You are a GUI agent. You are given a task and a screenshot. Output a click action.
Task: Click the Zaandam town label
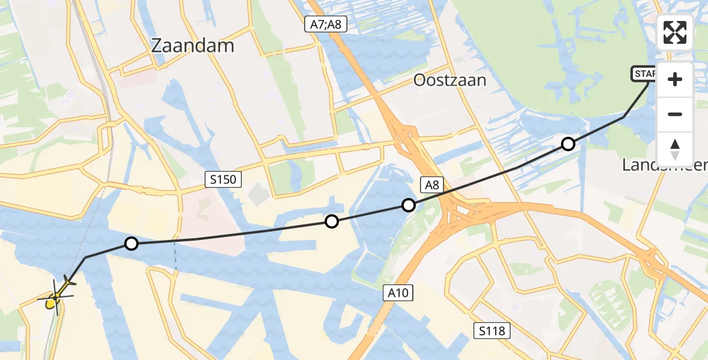193,46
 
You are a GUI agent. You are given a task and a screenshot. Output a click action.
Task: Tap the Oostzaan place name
449,80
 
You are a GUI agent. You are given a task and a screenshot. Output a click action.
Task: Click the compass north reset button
675,149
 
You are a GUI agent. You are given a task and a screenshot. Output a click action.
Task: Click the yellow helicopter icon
56,295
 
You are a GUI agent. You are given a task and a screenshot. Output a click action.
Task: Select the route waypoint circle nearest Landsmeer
568,144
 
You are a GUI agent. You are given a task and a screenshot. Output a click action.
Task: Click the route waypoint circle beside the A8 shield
409,205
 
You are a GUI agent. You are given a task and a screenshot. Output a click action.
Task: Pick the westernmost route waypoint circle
131,243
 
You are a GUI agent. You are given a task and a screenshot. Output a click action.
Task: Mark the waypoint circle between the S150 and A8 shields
331,221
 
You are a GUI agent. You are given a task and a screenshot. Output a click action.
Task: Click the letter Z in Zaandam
158,46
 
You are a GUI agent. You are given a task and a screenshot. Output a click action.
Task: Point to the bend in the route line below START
625,116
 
